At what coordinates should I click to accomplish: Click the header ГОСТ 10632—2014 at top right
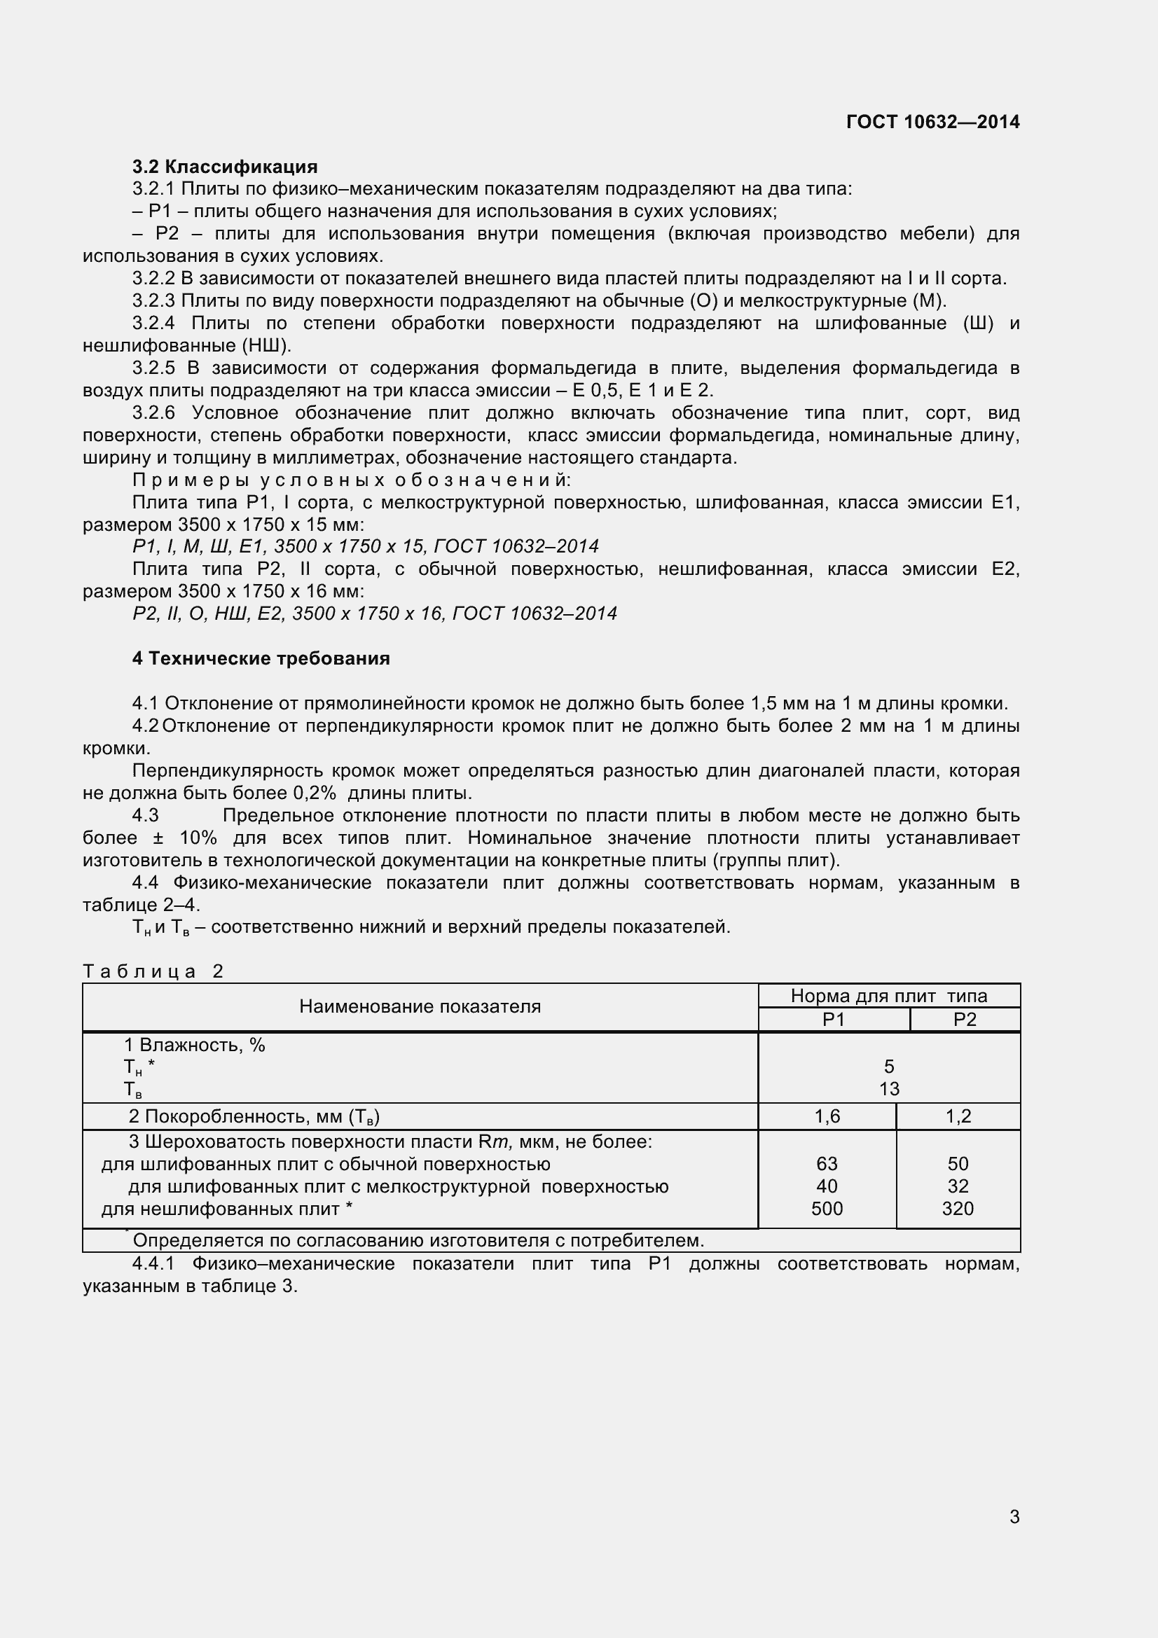click(x=932, y=122)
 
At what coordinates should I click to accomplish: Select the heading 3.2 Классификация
click(x=225, y=167)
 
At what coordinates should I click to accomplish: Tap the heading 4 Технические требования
click(x=261, y=658)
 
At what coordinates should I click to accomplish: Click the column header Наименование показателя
click(x=420, y=1006)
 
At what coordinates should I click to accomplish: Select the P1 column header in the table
click(x=833, y=1020)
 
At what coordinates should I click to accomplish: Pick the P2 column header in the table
click(x=964, y=1020)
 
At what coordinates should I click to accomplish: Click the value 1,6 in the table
click(x=827, y=1116)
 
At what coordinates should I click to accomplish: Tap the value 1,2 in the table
click(x=958, y=1116)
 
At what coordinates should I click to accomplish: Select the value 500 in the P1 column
click(x=827, y=1209)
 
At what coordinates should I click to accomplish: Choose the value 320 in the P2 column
click(x=958, y=1209)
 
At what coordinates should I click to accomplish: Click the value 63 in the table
click(x=827, y=1164)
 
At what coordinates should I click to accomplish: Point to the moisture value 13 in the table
click(x=889, y=1090)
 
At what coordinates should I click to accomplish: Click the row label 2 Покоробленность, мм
click(x=254, y=1116)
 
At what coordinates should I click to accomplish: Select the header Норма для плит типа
click(x=888, y=996)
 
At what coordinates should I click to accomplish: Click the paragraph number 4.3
click(x=146, y=815)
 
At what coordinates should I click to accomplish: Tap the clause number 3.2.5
click(x=153, y=368)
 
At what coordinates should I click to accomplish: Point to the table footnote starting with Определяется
click(x=418, y=1241)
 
